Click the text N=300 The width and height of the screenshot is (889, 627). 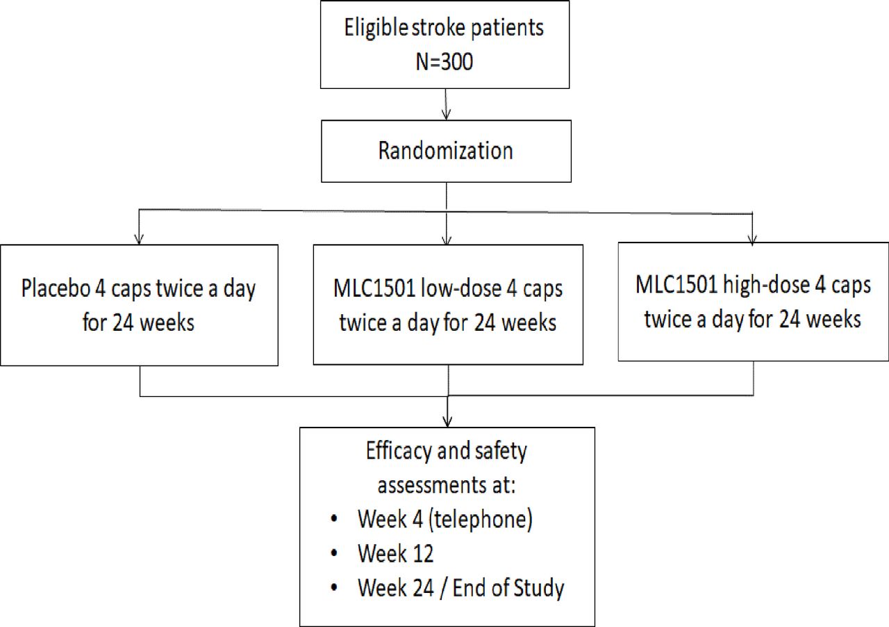point(444,62)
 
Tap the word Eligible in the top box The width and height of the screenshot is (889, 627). point(376,28)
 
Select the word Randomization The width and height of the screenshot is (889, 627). point(446,151)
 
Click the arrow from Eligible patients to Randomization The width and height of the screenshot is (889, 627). point(446,104)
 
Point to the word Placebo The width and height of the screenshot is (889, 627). point(56,288)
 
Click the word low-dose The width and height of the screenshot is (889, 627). point(460,288)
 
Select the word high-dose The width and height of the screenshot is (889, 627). point(766,285)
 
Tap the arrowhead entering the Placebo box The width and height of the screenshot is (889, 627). point(139,239)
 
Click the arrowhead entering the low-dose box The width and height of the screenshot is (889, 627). point(447,239)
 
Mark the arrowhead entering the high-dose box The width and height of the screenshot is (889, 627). point(752,238)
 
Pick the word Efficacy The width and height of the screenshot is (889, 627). point(399,452)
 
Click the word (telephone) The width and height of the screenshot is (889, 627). point(480,520)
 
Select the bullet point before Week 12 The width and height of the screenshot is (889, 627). point(334,553)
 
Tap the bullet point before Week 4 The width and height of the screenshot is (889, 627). point(334,519)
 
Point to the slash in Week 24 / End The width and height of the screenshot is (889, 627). point(443,589)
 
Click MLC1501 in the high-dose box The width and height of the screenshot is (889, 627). point(676,285)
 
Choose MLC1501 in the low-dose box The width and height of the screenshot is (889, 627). point(374,288)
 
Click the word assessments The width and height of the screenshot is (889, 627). point(431,486)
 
